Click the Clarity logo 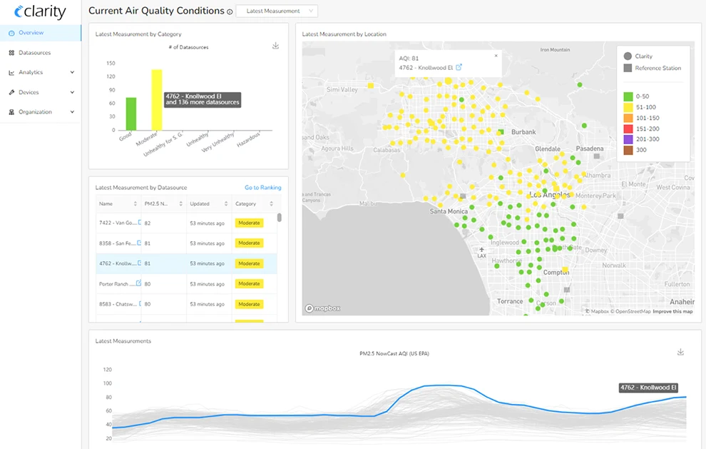40,12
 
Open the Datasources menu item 34,53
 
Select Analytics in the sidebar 31,72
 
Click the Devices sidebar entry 29,92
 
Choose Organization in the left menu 35,112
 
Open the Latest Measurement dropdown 277,11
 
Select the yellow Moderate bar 157,100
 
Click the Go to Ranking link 262,188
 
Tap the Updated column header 200,204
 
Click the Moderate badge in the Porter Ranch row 249,284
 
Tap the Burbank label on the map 523,132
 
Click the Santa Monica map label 449,211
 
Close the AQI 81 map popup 496,55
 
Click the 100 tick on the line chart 108,383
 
